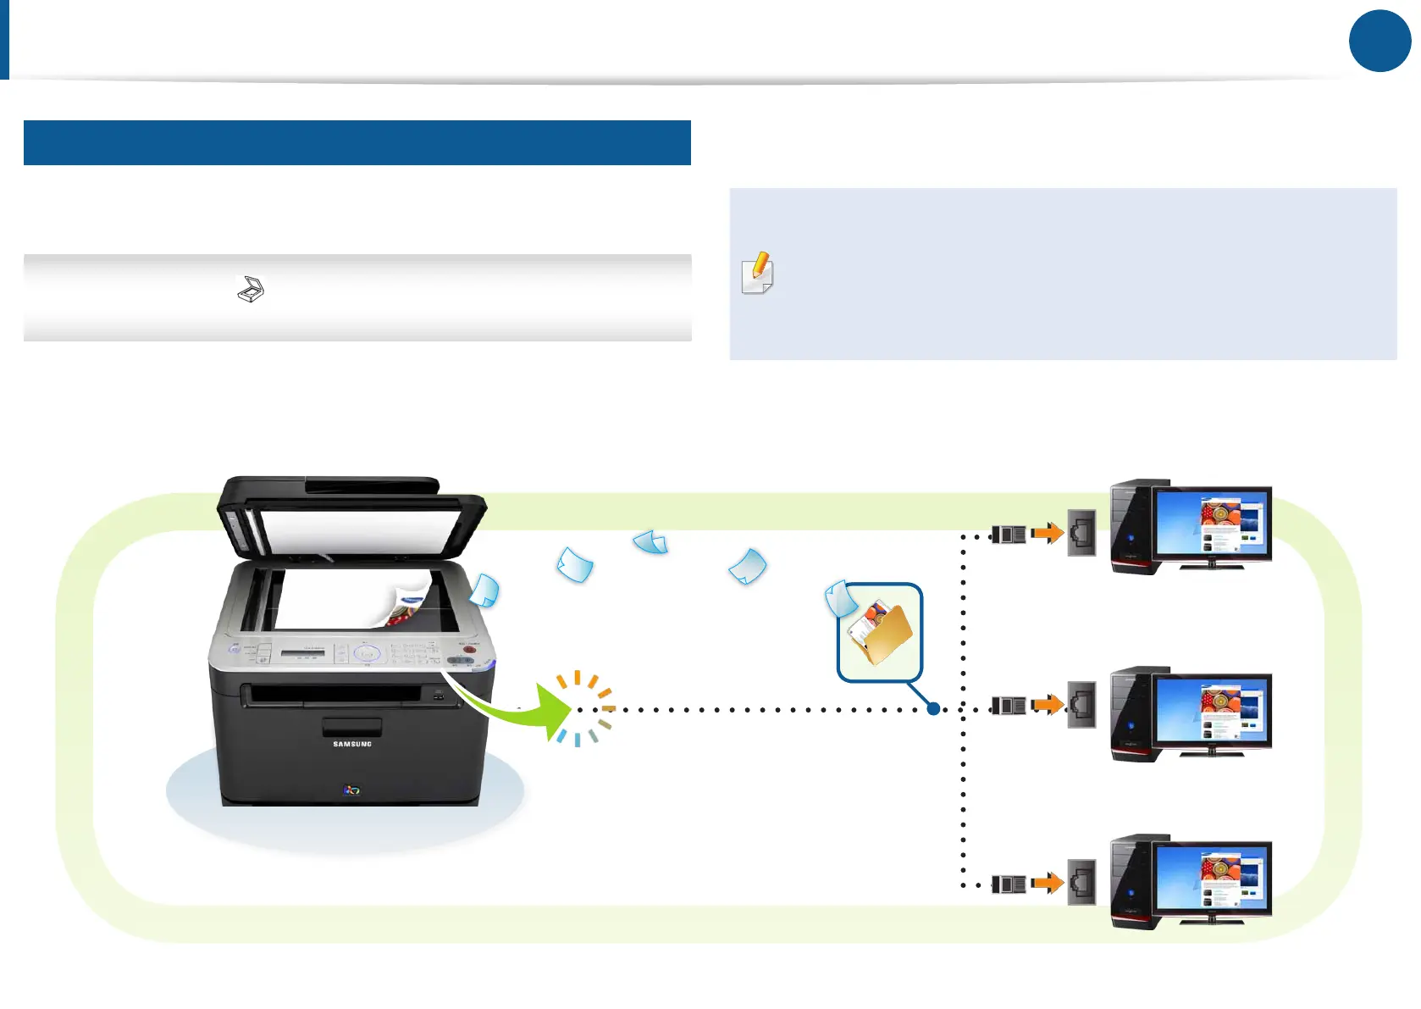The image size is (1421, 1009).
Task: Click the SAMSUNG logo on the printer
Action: pos(352,744)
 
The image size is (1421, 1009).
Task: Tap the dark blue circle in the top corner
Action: pos(1380,41)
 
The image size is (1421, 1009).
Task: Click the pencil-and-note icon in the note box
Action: pos(757,273)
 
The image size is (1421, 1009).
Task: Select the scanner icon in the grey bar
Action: pos(251,290)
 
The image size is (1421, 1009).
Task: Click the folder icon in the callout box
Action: pos(881,635)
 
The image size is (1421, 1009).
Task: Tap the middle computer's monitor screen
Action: pos(1212,711)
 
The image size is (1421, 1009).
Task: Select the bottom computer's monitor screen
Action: pos(1212,878)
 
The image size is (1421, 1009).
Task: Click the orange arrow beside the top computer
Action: pos(1048,534)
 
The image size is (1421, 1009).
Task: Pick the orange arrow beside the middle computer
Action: pos(1048,704)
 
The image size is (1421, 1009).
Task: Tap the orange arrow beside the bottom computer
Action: pos(1048,884)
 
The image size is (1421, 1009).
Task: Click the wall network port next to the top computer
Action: pos(1081,533)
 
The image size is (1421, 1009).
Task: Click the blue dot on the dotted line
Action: pos(933,709)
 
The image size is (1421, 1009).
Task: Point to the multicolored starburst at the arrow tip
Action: pos(583,709)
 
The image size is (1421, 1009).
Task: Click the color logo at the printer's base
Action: pos(351,790)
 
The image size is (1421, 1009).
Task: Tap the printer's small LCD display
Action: pos(303,651)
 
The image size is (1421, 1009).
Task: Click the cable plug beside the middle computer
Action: pos(1009,705)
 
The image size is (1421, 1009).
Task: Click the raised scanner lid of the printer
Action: pos(351,517)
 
